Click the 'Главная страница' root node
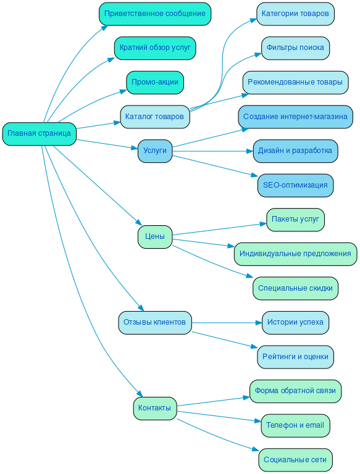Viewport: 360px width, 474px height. coord(39,133)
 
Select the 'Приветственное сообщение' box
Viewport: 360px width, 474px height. coord(155,14)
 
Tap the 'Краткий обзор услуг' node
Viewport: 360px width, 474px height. coord(155,48)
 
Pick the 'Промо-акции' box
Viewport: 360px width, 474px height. coord(155,82)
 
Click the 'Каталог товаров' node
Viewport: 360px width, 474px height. coord(154,116)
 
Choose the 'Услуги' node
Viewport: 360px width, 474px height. coord(155,151)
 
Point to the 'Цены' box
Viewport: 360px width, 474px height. coord(155,236)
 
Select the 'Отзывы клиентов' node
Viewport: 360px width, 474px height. coord(154,322)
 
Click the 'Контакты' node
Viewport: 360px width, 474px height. coord(155,408)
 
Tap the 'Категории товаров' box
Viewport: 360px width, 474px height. coord(295,14)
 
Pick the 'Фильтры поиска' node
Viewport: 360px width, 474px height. coord(295,48)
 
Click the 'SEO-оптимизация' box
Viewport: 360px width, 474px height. coord(295,185)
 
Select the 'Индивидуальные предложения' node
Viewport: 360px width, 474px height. coord(295,254)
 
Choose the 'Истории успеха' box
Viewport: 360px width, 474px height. coord(295,322)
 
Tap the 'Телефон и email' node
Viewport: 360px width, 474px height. coord(295,425)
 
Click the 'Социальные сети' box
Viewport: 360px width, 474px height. coord(295,460)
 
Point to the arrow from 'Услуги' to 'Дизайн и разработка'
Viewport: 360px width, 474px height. coord(213,151)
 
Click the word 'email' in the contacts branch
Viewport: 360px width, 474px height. coord(313,425)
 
